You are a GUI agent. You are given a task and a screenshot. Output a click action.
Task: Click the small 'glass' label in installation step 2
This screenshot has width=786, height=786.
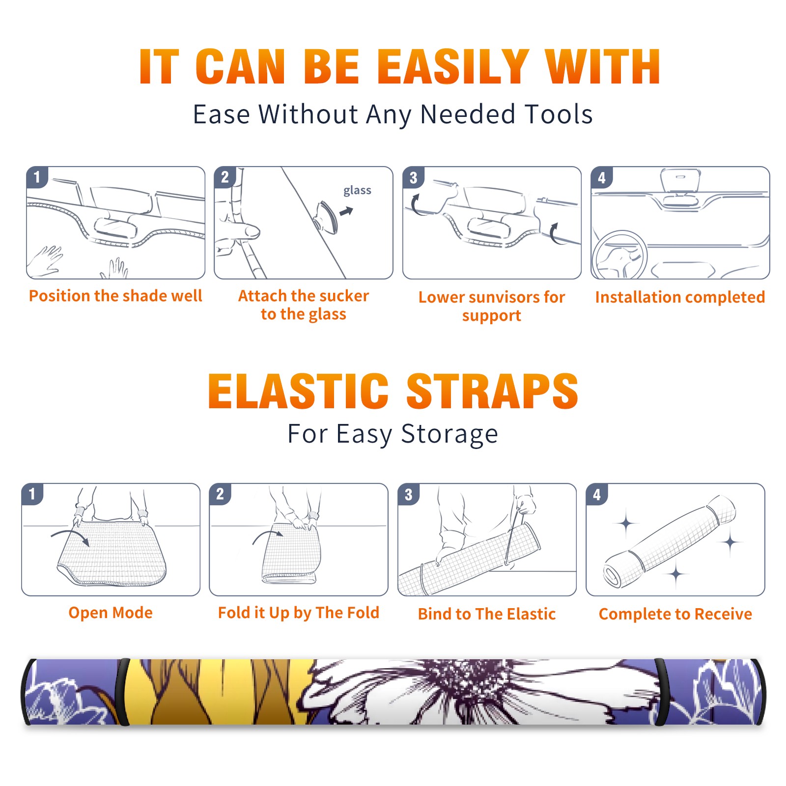pos(357,191)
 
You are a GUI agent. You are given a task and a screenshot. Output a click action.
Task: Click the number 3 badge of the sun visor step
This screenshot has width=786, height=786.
pos(413,177)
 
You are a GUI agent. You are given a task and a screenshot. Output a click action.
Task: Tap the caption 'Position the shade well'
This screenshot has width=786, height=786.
pos(115,296)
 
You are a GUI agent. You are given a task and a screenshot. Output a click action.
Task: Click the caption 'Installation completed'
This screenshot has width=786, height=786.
pos(680,297)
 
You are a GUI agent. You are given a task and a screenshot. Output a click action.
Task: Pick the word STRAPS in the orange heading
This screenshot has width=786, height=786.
pos(492,391)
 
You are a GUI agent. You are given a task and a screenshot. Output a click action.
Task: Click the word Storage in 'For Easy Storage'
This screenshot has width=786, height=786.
pos(449,434)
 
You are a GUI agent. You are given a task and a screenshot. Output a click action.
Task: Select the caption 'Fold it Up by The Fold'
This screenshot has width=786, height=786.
pos(299,613)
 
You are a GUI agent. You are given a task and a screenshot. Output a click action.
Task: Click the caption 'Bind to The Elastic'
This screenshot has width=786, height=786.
pos(487,614)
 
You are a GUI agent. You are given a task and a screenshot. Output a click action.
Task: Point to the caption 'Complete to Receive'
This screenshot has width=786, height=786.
pos(675,614)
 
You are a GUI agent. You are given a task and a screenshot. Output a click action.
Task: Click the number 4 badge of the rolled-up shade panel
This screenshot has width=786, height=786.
pos(597,494)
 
